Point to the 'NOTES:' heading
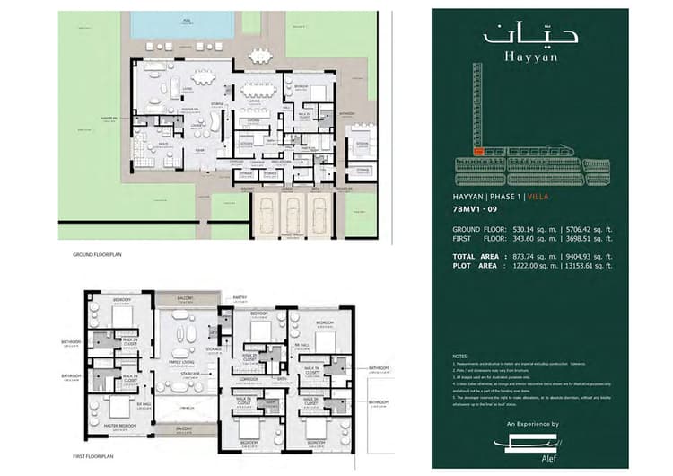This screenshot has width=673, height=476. point(462,357)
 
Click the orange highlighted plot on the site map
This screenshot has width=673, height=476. point(480,153)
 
